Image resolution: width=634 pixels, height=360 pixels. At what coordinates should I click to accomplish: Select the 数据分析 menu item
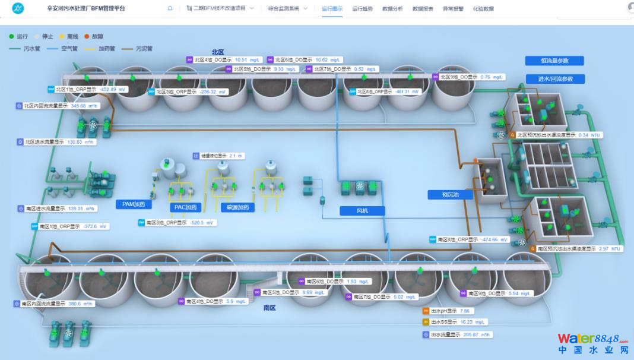pyautogui.click(x=392, y=9)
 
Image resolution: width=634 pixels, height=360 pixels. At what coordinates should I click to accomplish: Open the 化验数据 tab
pyautogui.click(x=483, y=9)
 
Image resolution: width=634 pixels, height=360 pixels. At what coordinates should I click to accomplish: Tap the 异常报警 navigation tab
pyautogui.click(x=453, y=9)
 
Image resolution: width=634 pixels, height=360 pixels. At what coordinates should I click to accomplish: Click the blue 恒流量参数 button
pyautogui.click(x=554, y=61)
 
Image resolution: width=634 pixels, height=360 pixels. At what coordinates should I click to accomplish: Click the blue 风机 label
pyautogui.click(x=362, y=211)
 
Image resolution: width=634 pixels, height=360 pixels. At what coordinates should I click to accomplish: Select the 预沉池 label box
pyautogui.click(x=449, y=194)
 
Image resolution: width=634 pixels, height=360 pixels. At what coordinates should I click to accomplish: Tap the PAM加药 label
pyautogui.click(x=134, y=204)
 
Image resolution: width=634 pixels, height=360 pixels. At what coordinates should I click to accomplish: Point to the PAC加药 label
pyautogui.click(x=186, y=207)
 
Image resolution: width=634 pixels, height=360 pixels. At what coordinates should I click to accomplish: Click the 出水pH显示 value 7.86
pyautogui.click(x=465, y=311)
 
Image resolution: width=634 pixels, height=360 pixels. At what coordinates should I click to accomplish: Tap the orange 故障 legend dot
pyautogui.click(x=87, y=37)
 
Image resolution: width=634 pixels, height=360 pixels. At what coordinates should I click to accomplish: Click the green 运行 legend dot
pyautogui.click(x=12, y=37)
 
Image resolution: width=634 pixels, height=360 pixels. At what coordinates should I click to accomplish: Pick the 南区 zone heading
pyautogui.click(x=270, y=308)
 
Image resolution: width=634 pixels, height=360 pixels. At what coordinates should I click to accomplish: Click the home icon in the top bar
pyautogui.click(x=170, y=9)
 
